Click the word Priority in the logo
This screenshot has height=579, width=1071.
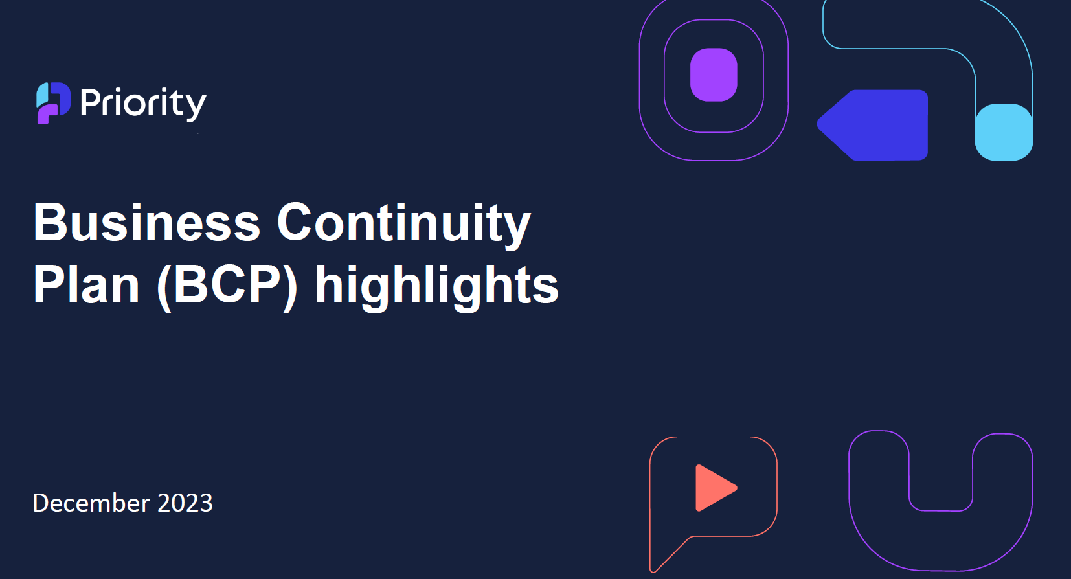click(143, 103)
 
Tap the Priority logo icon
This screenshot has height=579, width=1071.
click(54, 103)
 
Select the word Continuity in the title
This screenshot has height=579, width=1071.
click(404, 225)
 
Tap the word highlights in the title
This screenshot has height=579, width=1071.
click(436, 287)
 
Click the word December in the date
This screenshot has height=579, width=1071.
click(91, 503)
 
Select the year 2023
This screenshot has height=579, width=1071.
click(185, 503)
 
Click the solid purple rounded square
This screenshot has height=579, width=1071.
click(714, 74)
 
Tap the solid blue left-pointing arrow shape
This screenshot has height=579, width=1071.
click(873, 125)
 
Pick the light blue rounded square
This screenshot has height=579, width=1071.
click(1004, 132)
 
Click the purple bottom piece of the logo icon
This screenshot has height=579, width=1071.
click(47, 114)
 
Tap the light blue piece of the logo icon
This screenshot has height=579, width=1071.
click(43, 95)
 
